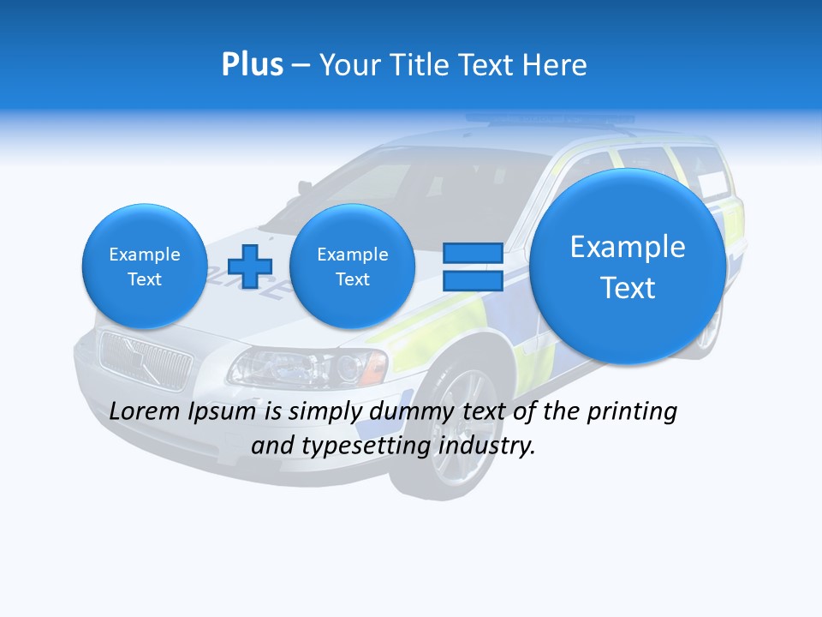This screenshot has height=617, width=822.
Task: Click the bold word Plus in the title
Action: point(252,65)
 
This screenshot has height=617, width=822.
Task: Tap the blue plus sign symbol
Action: point(250,266)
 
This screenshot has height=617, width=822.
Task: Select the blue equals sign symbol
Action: point(473,266)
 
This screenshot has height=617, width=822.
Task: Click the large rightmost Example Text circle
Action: point(628,267)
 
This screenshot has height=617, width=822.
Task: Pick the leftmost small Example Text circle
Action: point(144,267)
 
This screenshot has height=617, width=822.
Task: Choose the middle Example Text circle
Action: point(352,267)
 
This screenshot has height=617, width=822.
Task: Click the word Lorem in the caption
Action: point(145,411)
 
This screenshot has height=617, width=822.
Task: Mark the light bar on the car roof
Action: point(548,120)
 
